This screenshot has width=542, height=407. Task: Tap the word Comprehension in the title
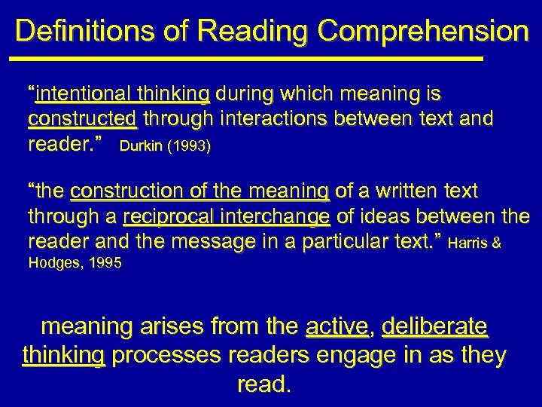click(423, 32)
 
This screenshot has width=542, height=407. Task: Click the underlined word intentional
click(77, 94)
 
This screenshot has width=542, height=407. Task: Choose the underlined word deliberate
click(434, 327)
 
